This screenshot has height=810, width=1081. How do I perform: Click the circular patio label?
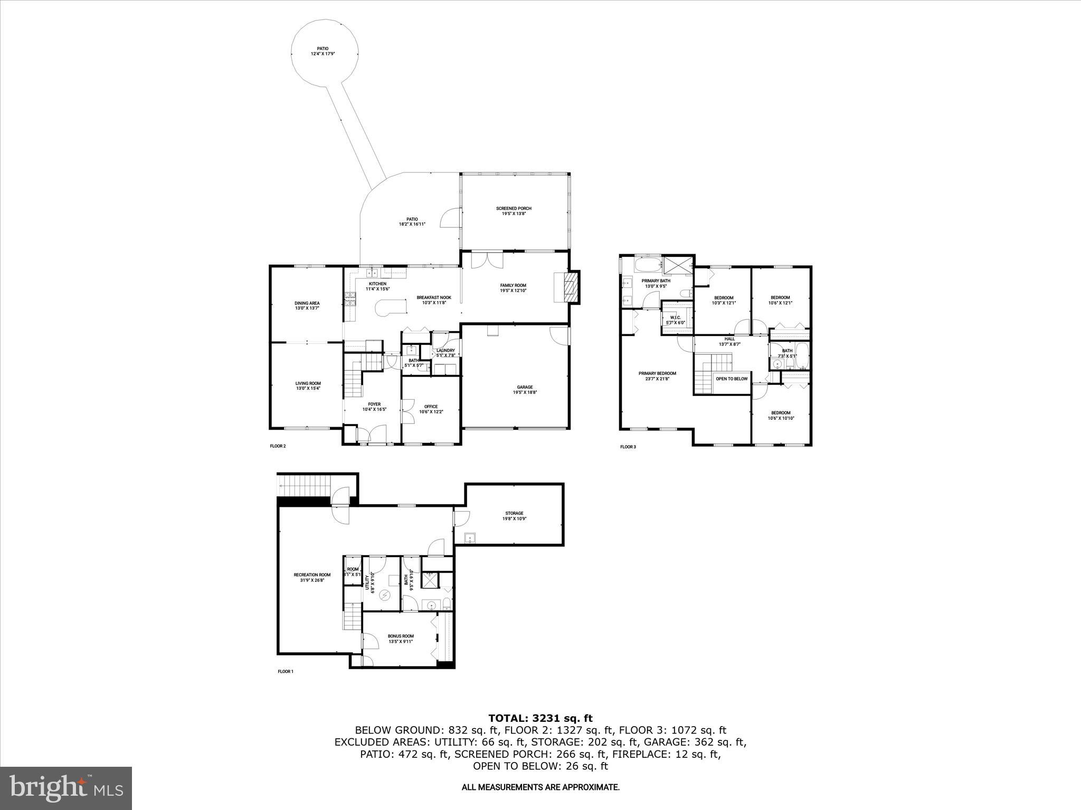pyautogui.click(x=323, y=51)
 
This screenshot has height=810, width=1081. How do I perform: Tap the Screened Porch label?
pyautogui.click(x=514, y=211)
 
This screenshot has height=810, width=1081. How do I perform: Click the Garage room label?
pyautogui.click(x=524, y=390)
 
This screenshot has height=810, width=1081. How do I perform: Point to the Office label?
pyautogui.click(x=431, y=409)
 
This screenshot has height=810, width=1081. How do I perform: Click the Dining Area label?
pyautogui.click(x=307, y=305)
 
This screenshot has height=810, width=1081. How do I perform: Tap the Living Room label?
pyautogui.click(x=308, y=385)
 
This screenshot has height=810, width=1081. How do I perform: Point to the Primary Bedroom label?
pyautogui.click(x=657, y=375)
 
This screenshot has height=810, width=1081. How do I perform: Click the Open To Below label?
pyautogui.click(x=731, y=379)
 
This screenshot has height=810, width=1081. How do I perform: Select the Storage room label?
pyautogui.click(x=514, y=515)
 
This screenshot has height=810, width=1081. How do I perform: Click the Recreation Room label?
pyautogui.click(x=312, y=577)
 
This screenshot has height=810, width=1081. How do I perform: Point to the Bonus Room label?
pyautogui.click(x=401, y=639)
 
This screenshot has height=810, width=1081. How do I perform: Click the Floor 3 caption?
pyautogui.click(x=628, y=447)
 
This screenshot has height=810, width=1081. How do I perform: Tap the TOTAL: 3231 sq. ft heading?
pyautogui.click(x=540, y=718)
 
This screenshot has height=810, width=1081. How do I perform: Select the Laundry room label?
pyautogui.click(x=445, y=353)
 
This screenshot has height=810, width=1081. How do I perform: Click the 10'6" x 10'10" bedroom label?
pyautogui.click(x=781, y=415)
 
